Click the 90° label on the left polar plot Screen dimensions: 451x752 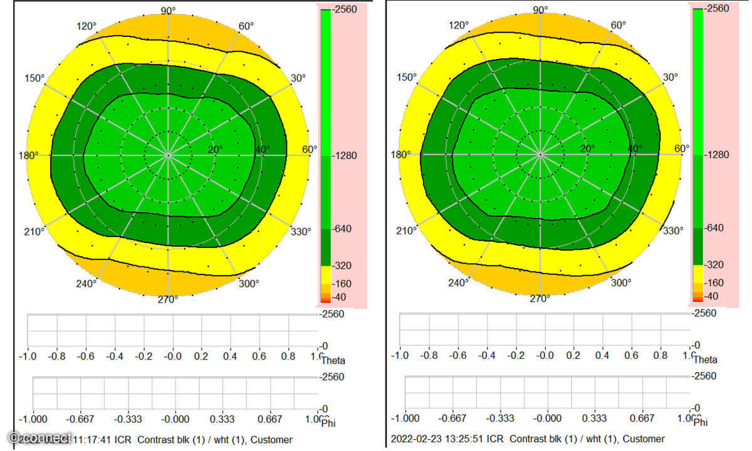pos(168,11)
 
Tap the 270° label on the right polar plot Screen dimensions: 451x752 pos(540,299)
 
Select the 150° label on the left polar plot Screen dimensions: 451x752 pos(34,78)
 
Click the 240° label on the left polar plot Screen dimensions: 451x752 pos(86,283)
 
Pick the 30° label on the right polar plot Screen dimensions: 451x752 pos(671,77)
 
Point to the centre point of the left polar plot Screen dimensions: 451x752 pos(168,154)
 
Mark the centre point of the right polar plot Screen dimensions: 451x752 pos(540,153)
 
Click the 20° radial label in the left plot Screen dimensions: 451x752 pos(215,149)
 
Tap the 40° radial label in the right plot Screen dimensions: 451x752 pos(635,148)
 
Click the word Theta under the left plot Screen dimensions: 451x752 pos(333,360)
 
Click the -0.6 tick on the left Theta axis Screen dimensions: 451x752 pos(85,356)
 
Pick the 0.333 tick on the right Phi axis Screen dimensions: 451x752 pos(594,418)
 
